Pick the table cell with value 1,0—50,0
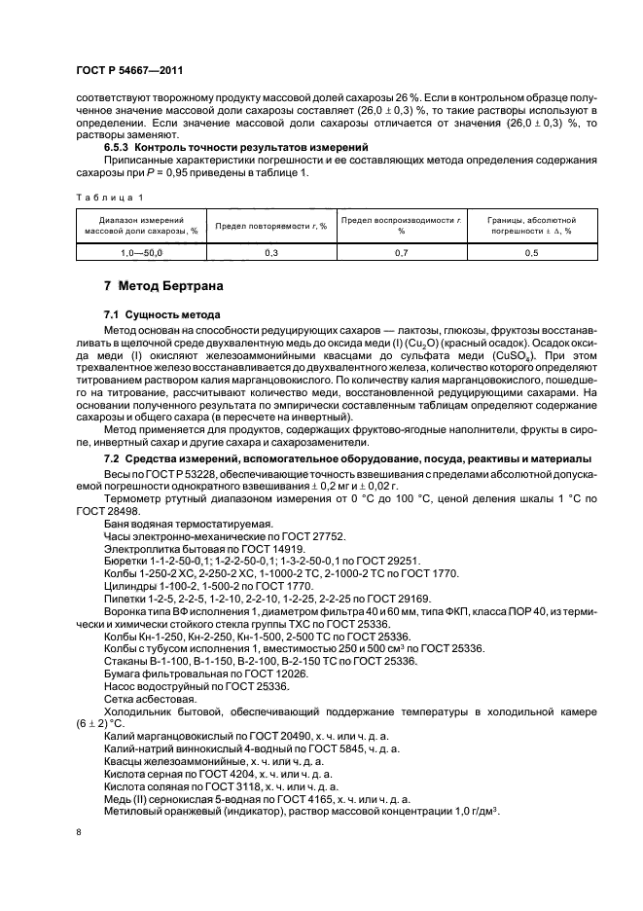pyautogui.click(x=140, y=252)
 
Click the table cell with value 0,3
pyautogui.click(x=270, y=252)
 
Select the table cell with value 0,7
pyautogui.click(x=401, y=252)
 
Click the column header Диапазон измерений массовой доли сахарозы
pyautogui.click(x=140, y=226)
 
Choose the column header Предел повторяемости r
pyautogui.click(x=270, y=226)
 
